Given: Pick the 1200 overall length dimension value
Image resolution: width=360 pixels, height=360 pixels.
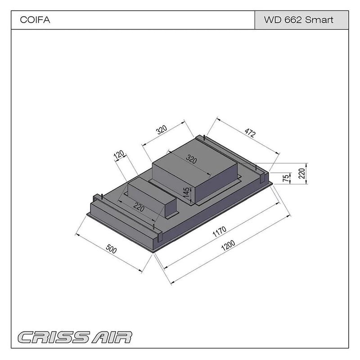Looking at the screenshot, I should coord(229,245).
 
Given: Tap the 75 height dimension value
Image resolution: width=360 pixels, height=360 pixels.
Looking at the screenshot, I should coord(285,178).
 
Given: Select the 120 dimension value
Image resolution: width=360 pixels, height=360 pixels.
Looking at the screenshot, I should coord(119,155).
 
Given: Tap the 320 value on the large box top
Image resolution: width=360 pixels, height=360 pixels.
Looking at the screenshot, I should coord(192,159).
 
